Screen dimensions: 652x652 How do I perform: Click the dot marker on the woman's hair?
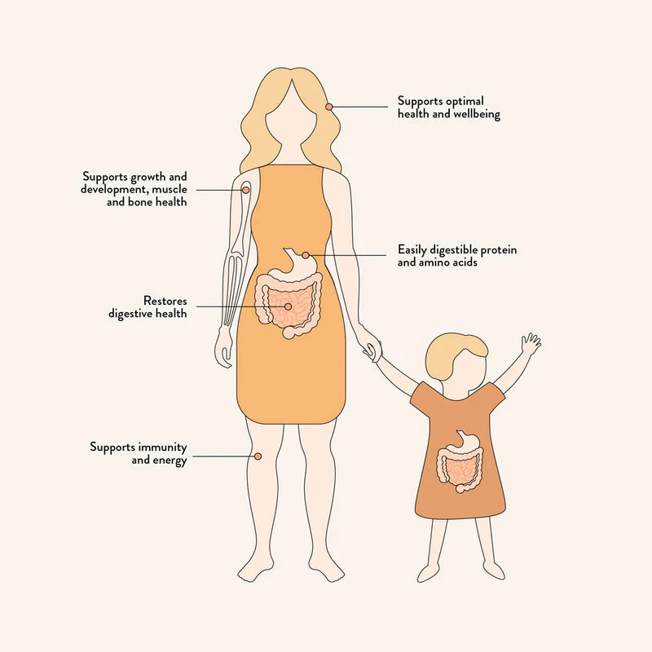point(329,107)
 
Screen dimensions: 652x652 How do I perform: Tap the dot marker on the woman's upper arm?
point(246,190)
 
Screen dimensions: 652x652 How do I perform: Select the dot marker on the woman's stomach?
point(305,255)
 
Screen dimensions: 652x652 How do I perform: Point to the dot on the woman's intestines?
point(288,307)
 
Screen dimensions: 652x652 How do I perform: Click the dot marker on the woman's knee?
point(258,456)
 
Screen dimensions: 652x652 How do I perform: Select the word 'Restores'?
point(165,300)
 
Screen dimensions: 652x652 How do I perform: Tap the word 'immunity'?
point(162,447)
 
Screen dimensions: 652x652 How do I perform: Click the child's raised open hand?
point(531,343)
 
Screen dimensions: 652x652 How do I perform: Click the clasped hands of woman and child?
point(372,350)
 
